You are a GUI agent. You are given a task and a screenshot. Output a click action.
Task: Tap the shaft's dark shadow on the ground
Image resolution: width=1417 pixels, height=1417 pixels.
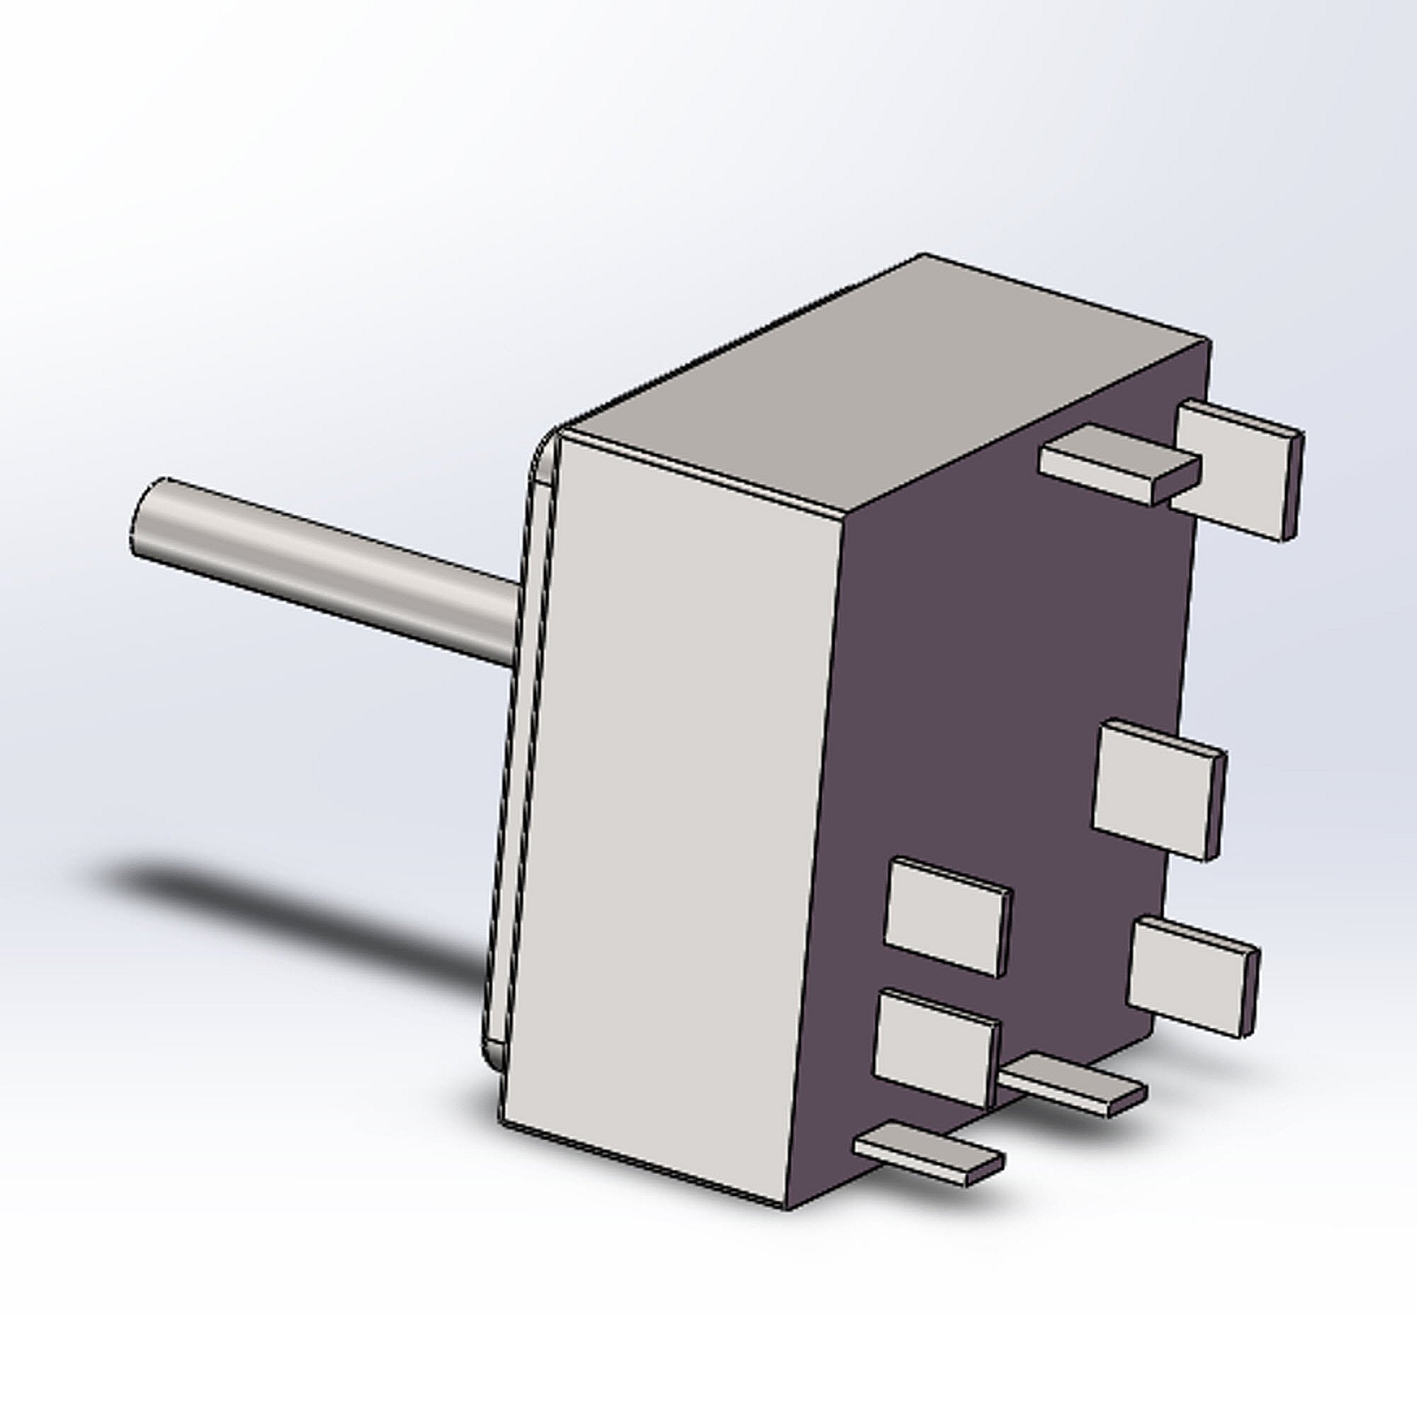pos(293,917)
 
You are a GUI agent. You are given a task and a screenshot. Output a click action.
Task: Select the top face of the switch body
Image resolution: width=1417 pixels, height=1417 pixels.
pos(880,389)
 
